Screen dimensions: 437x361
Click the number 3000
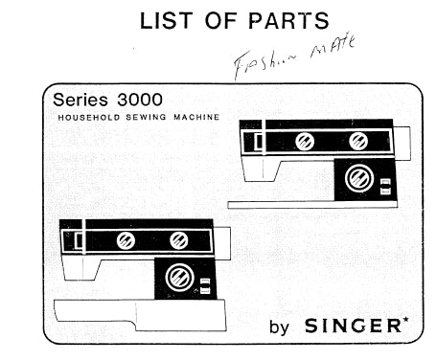[138, 100]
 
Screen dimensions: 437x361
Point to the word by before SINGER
[279, 327]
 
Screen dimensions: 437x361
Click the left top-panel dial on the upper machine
[305, 142]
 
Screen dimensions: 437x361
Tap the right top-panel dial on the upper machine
[358, 142]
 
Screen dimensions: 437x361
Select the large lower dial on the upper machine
[358, 178]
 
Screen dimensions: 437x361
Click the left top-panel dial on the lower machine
[126, 239]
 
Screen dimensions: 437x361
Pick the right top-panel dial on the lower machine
[179, 239]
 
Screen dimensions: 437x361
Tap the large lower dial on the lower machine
[179, 277]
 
